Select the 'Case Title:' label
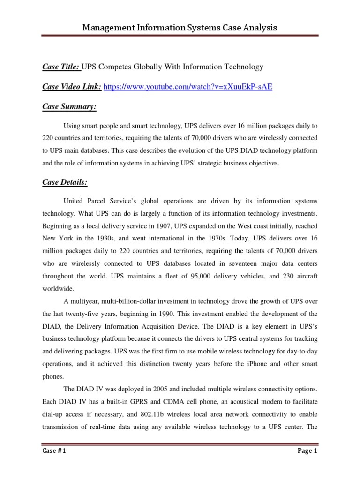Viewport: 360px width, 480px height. (61, 67)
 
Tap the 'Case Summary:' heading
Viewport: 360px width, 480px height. (69, 107)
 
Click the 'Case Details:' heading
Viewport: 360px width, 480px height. (65, 181)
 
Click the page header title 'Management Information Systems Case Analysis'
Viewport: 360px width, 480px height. (180, 28)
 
